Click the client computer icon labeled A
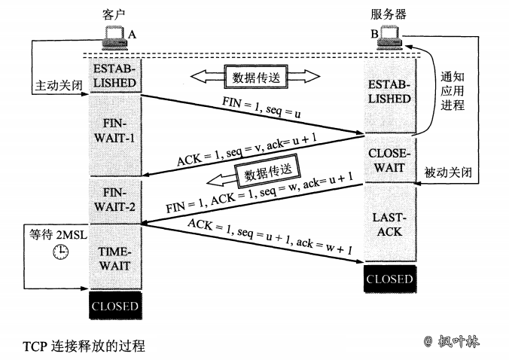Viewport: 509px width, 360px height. click(x=114, y=35)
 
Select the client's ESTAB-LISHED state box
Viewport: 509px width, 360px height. click(x=115, y=75)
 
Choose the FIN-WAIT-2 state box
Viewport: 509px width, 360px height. click(x=115, y=200)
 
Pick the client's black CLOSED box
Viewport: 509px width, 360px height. click(x=115, y=306)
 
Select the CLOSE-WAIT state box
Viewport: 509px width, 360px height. click(x=389, y=160)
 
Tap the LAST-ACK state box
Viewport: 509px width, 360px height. click(x=389, y=224)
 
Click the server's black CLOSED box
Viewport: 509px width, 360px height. click(x=389, y=279)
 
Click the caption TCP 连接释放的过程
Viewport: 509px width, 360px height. click(x=84, y=346)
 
